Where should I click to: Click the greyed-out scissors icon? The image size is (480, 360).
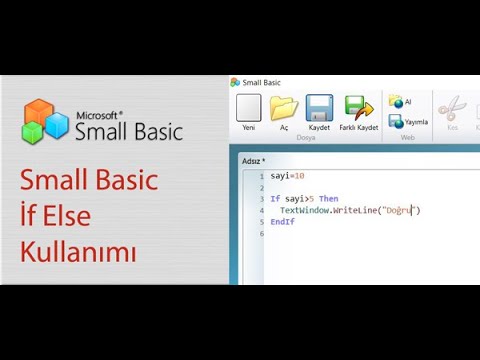pos(452,107)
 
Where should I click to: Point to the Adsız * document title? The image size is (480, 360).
pos(253,159)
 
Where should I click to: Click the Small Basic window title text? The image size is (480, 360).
pos(263,81)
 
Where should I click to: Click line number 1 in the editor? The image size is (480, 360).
pos(260,176)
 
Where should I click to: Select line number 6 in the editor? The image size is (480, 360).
pos(260,233)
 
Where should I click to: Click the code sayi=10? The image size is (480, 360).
pos(287,176)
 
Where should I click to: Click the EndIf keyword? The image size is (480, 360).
pos(282,222)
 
